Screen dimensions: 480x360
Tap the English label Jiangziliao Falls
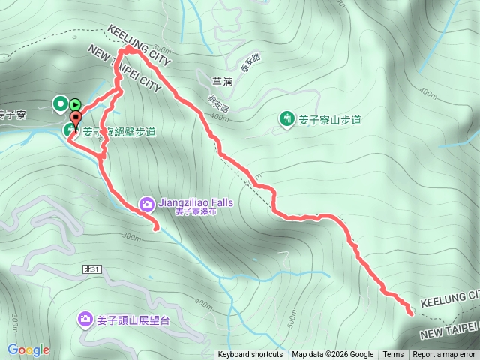point(196,202)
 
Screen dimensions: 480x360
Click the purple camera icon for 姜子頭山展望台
point(85,319)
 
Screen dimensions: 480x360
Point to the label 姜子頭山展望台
point(136,319)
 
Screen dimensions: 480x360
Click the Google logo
point(28,349)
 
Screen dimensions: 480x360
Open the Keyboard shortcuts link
point(250,355)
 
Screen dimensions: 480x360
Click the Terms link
point(393,355)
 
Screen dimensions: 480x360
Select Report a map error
point(444,355)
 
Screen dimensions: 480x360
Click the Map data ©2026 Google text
point(333,355)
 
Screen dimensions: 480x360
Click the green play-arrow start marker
point(75,103)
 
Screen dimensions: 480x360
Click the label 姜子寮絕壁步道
point(120,133)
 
